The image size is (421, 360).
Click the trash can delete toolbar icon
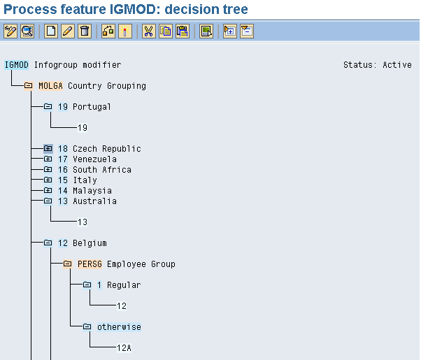coord(85,31)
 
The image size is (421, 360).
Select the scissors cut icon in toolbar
coord(148,31)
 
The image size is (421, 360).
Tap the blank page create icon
coord(51,31)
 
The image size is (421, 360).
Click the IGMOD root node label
coord(16,65)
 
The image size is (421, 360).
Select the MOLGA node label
coord(50,86)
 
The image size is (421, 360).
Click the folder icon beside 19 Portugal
coord(48,106)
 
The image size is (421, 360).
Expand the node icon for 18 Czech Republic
coord(48,148)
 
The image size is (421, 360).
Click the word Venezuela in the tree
coord(95,159)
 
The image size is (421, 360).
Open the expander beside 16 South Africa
coord(48,169)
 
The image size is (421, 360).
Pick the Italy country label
coord(85,180)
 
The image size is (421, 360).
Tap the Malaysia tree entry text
coord(92,191)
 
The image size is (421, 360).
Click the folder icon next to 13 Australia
coord(48,201)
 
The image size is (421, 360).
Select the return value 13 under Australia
coord(83,222)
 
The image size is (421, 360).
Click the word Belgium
coord(90,243)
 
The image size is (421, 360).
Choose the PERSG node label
coord(90,264)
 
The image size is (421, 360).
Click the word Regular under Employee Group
coord(124,285)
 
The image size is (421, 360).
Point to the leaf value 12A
coord(124,348)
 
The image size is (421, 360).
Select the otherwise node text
coord(119,327)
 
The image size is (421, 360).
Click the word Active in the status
coord(397,65)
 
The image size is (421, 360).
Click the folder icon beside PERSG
coord(67,264)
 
